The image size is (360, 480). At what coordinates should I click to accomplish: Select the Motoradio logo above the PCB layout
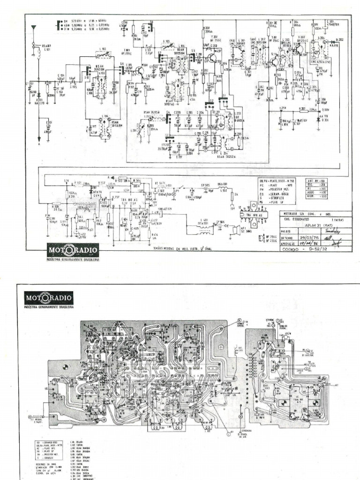coord(48,298)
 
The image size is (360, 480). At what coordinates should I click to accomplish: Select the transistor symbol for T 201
coord(213,59)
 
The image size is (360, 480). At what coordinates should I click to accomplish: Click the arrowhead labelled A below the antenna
coord(39,142)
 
